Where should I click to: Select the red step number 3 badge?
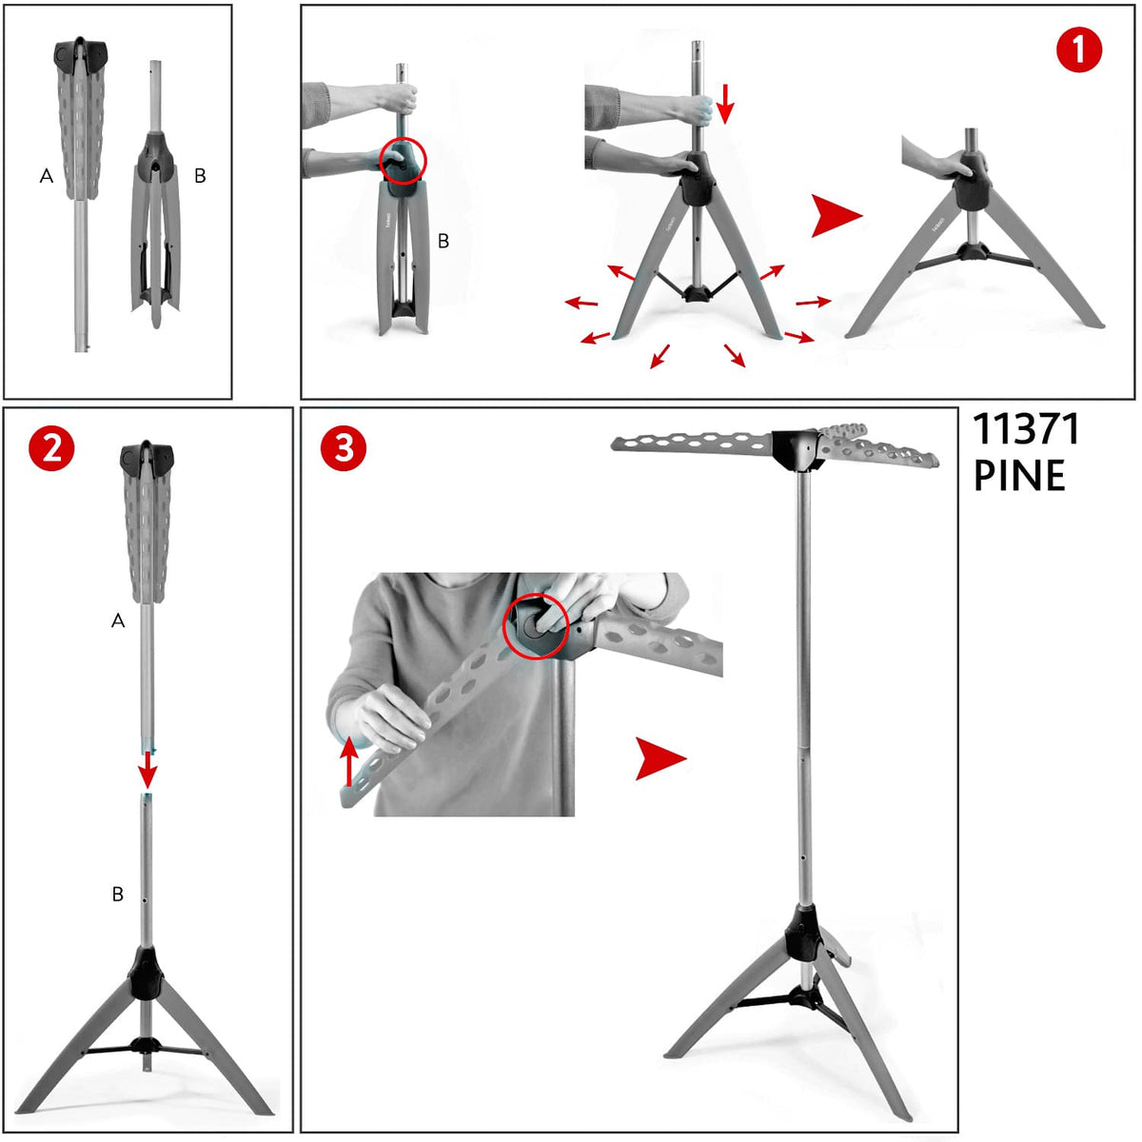344,448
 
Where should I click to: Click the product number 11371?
1027,429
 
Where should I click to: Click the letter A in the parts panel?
47,175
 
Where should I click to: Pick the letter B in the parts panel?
200,175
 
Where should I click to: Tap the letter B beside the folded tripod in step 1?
443,241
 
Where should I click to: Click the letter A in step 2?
118,620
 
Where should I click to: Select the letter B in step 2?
118,894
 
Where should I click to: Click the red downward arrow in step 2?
148,769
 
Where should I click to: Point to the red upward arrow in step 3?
348,761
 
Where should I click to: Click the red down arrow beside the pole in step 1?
725,103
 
